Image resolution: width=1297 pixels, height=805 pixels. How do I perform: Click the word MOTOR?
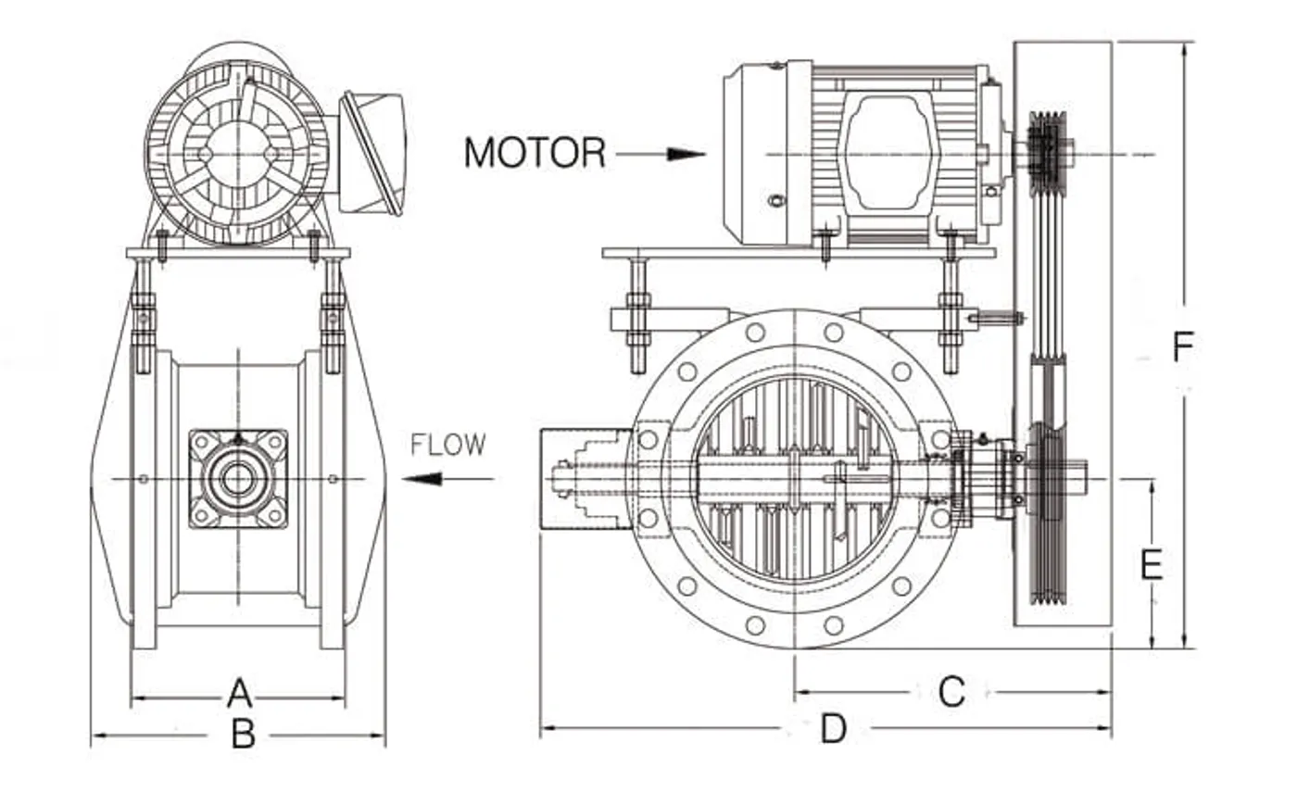coord(535,153)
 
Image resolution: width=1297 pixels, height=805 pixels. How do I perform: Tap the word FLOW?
coord(447,445)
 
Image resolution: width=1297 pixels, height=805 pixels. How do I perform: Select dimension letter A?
coord(239,693)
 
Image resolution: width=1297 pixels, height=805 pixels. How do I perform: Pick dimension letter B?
coord(243,735)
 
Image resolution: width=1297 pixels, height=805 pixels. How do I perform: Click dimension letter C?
coord(951,691)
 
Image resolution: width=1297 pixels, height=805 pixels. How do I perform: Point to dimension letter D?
coord(834,729)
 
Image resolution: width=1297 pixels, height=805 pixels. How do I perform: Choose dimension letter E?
coord(1151,564)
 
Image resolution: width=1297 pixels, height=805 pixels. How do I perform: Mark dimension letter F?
coord(1182,347)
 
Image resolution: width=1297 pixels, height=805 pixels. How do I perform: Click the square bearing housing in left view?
coord(238,478)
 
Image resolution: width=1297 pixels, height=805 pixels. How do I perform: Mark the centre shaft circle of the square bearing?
coord(238,478)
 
